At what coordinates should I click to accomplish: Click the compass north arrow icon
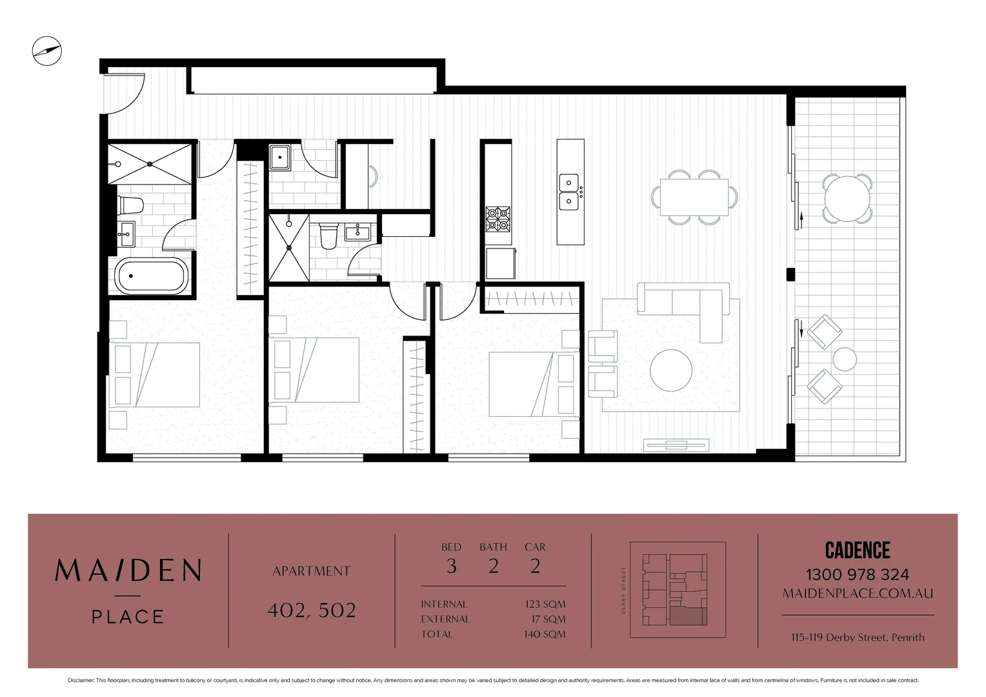tap(46, 51)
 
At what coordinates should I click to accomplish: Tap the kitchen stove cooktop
tap(498, 219)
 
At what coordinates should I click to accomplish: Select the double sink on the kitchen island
tap(568, 192)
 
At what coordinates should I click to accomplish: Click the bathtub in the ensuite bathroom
tap(151, 276)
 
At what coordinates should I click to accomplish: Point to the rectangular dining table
tap(694, 197)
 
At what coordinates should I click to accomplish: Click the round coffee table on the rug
tap(671, 370)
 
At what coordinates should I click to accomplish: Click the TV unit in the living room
tap(676, 445)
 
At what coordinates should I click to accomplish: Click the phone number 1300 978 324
tap(858, 574)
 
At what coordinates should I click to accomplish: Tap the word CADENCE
tap(858, 551)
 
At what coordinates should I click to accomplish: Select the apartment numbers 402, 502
tap(312, 611)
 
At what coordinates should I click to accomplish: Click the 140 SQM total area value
tap(545, 634)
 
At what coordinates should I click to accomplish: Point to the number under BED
tap(451, 566)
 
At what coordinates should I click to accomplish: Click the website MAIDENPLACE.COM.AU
tap(858, 594)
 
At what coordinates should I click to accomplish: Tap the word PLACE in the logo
tap(128, 617)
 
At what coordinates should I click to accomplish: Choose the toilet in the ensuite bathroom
tap(131, 205)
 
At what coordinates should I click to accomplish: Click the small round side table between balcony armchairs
tap(845, 359)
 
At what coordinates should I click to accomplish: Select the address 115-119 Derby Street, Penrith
tap(858, 637)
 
